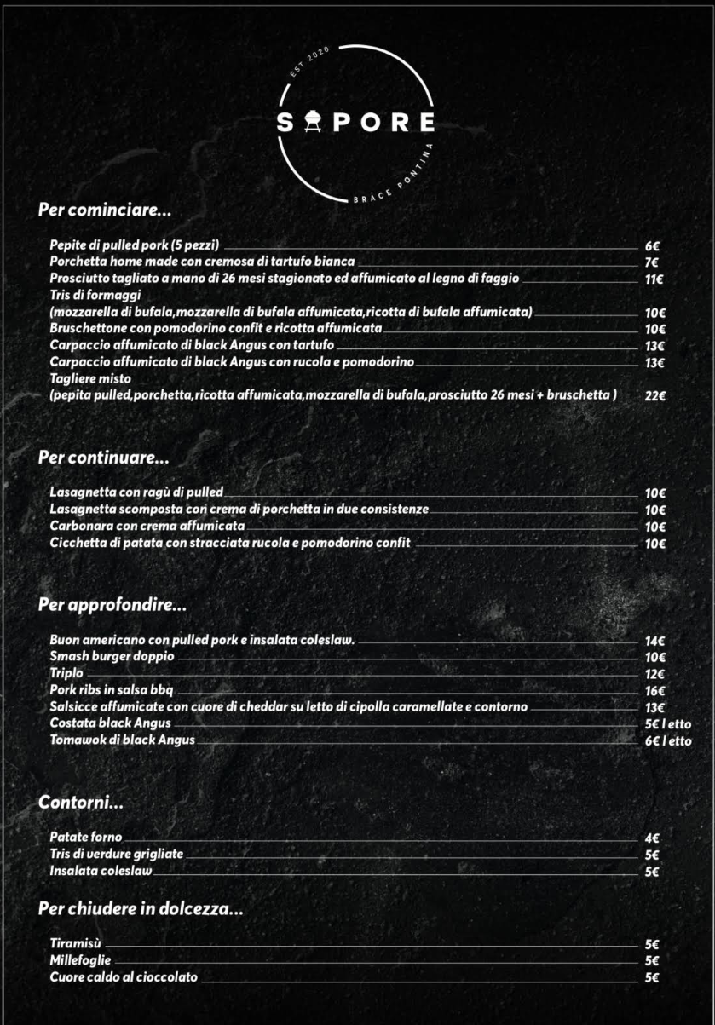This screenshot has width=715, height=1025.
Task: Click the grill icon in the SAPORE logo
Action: pos(311,123)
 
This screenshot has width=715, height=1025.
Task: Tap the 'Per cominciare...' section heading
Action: pos(105,209)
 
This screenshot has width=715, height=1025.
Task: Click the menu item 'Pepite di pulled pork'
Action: pos(135,245)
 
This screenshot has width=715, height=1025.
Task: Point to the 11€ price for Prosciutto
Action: pos(654,279)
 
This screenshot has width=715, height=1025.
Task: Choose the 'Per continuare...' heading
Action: pos(103,458)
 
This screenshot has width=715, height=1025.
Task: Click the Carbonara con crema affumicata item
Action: pos(147,526)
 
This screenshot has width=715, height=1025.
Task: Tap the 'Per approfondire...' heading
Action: pos(112,606)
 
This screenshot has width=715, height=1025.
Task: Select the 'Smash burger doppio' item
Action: pos(112,657)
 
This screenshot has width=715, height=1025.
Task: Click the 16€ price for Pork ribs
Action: pos(654,691)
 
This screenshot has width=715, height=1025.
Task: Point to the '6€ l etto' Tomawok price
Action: pos(668,741)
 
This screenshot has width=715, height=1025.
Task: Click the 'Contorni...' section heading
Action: pos(81,803)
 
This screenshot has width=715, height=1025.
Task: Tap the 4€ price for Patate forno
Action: pos(652,838)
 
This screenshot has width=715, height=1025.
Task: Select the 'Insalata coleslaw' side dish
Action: pos(101,871)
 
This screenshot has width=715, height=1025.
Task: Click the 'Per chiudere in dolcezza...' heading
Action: pos(141,909)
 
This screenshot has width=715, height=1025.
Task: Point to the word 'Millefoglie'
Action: pos(80,960)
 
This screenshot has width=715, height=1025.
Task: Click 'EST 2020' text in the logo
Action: pos(309,62)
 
